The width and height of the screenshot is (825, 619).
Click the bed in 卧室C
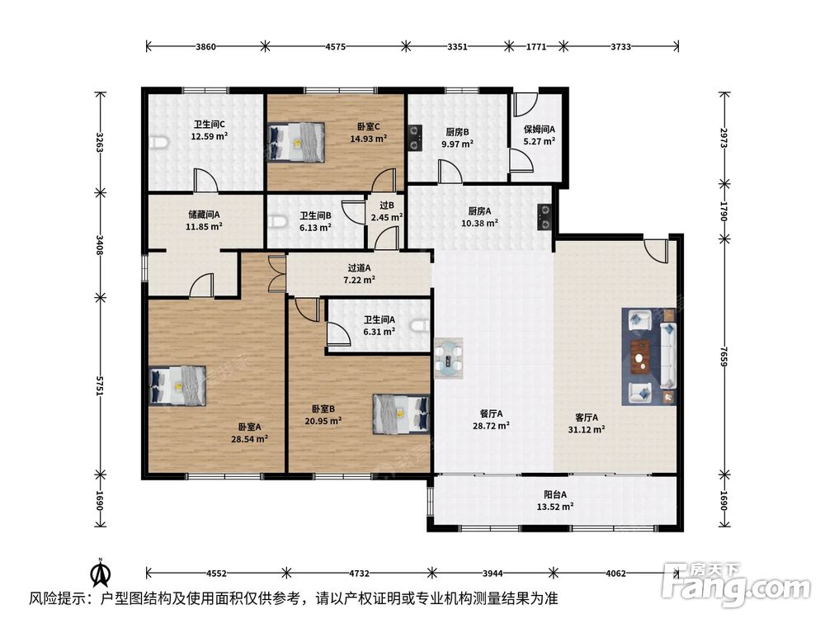point(295,142)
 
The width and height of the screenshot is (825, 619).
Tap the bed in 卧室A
point(177,385)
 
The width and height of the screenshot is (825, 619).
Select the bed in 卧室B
point(402,414)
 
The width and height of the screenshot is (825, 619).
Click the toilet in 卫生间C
point(159,143)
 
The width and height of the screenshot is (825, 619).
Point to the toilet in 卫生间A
point(421,327)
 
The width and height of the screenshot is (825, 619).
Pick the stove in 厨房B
point(415,138)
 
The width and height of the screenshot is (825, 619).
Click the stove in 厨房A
point(544,217)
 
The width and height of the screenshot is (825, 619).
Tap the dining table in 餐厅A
point(449,359)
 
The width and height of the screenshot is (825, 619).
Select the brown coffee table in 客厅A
point(640,357)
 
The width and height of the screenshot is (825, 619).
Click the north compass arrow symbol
point(101,572)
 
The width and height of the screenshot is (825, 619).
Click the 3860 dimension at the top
point(205,46)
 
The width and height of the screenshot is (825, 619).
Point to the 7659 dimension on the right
point(724,358)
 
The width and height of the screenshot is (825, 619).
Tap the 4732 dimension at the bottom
point(359,573)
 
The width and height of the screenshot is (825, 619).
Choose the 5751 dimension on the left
point(100,385)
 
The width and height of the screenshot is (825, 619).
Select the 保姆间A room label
point(540,130)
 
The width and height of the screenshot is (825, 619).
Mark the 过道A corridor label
point(360,268)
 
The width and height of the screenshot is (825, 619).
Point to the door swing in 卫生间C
point(205,180)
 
